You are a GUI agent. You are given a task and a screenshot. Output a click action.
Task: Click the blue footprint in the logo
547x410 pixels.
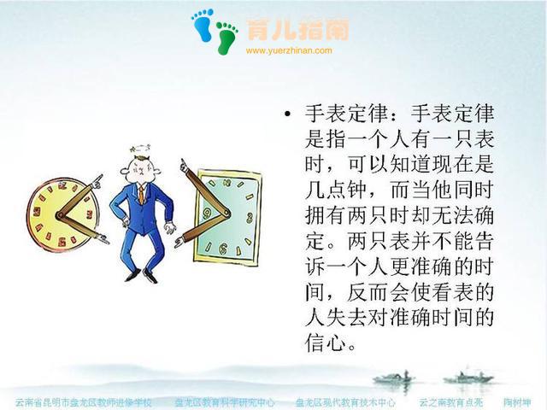click(x=203, y=25)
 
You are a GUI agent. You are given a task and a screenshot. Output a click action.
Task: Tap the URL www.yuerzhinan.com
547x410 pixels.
click(x=288, y=50)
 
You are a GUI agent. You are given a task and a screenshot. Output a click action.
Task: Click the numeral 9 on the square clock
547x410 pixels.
click(x=205, y=210)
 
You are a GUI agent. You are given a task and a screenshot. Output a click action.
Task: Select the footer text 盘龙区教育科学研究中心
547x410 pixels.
click(x=225, y=401)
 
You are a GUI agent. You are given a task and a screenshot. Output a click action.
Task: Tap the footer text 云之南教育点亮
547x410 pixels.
click(x=450, y=401)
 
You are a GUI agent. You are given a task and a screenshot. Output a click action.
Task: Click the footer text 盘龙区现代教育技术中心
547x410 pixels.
click(x=345, y=401)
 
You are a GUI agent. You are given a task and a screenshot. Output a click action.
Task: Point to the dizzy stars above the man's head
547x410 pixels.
click(x=134, y=148)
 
